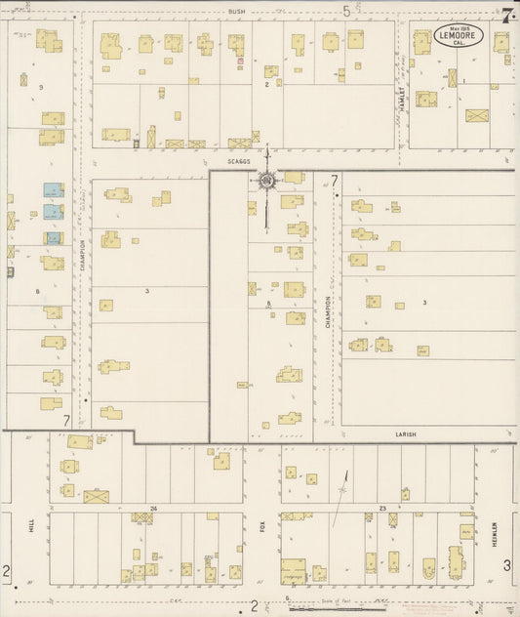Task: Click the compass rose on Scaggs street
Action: tap(266, 180)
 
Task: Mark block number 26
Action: tap(153, 509)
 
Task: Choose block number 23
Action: tap(383, 509)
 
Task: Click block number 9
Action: tap(40, 88)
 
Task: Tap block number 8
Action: tap(267, 305)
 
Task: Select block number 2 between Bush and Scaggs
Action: tap(266, 85)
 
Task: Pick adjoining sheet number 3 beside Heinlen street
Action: tap(506, 565)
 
